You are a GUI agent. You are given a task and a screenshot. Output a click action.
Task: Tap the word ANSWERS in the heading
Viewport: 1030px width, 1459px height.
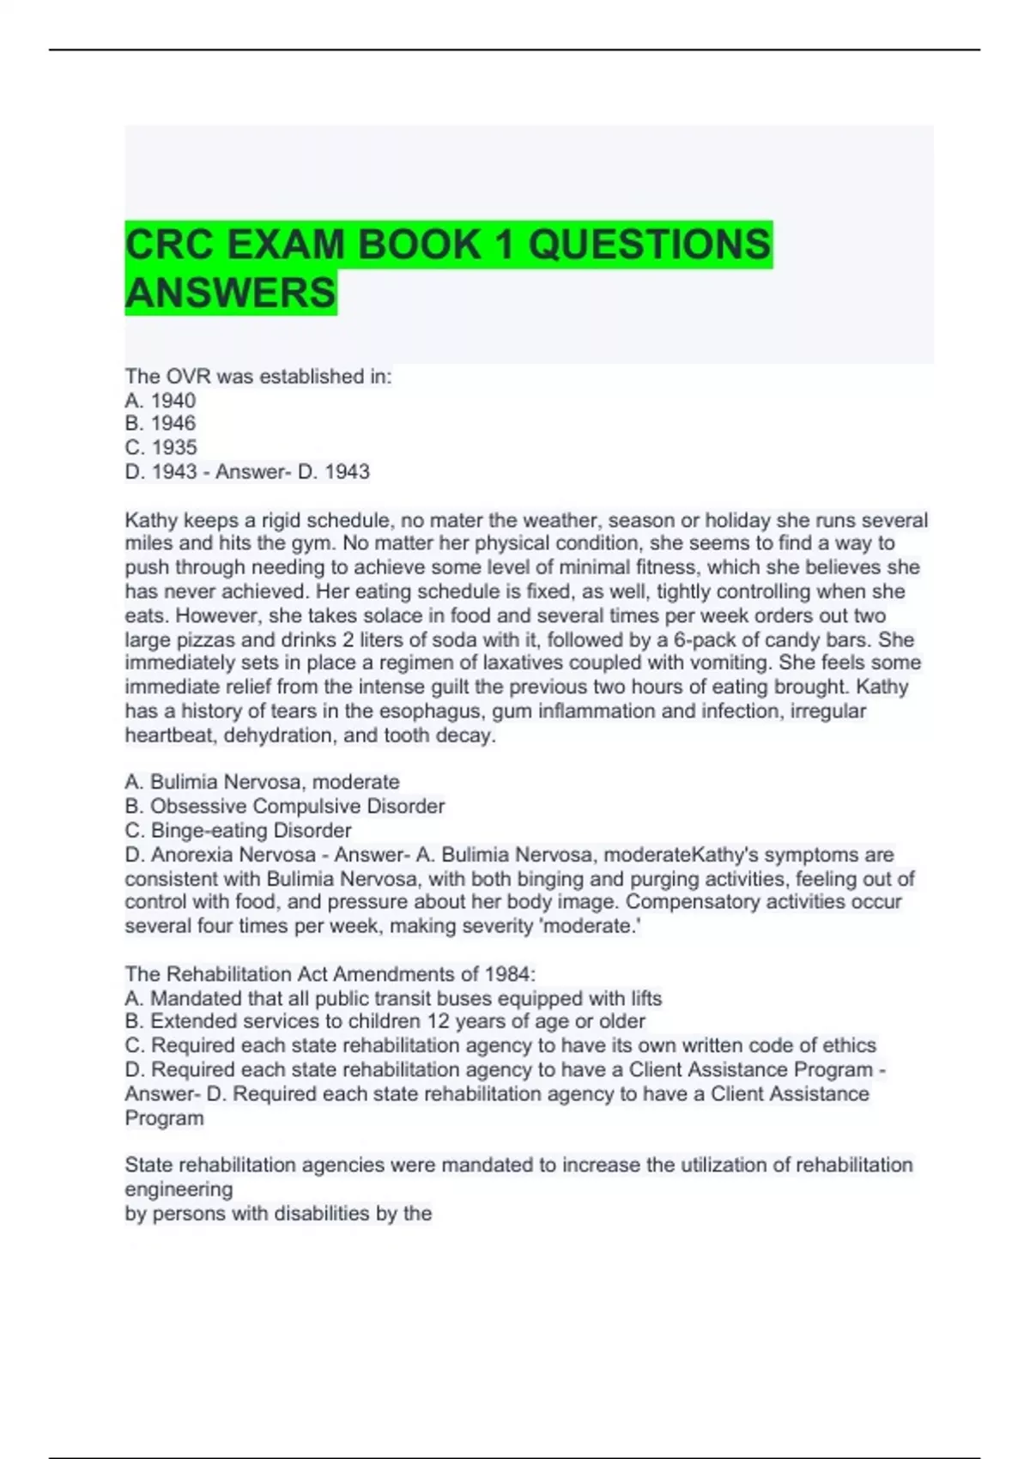230,293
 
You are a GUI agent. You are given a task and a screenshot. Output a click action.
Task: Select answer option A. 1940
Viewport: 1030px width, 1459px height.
161,400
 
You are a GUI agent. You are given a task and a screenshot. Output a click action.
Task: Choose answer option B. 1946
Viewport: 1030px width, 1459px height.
161,423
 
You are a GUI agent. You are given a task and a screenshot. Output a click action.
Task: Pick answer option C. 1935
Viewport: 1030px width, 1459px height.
161,447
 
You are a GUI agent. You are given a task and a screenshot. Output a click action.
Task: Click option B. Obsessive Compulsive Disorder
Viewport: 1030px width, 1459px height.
285,806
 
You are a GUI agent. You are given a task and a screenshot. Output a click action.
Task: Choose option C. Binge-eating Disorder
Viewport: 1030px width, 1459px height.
239,830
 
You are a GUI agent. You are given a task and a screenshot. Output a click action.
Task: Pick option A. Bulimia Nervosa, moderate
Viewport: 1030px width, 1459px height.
263,782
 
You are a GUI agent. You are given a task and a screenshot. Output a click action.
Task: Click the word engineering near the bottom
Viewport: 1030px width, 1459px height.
179,1190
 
